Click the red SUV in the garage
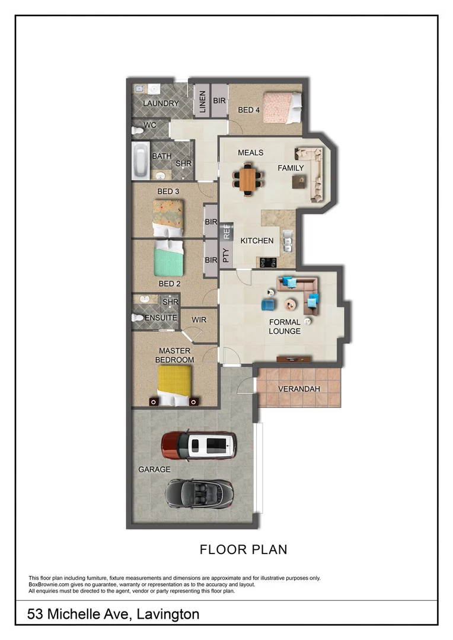(199, 445)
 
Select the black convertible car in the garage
(199, 491)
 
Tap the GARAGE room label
(154, 469)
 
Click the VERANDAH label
(299, 389)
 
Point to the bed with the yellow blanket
(174, 385)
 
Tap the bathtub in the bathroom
(141, 161)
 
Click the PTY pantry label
(225, 255)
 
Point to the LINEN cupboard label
(202, 101)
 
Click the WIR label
(199, 319)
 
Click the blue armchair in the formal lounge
(268, 305)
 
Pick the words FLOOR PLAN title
(243, 549)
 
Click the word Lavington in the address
(168, 614)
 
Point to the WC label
(149, 125)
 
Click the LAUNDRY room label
(161, 103)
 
